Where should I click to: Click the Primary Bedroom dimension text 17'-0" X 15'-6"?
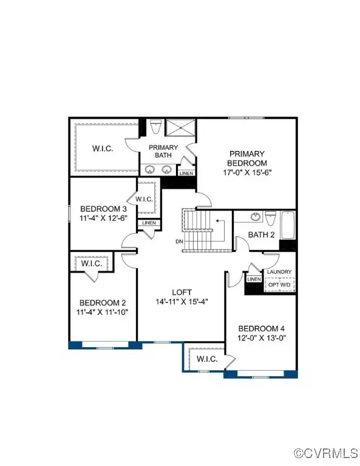point(247,172)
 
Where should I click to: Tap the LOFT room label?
point(182,292)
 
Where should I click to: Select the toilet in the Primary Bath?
point(155,127)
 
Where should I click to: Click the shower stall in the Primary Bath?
point(180,128)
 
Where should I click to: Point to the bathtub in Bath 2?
point(288,225)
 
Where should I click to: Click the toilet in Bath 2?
point(271,218)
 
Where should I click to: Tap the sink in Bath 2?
point(256,217)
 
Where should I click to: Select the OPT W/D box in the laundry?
point(279,285)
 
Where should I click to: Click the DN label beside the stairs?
point(179,241)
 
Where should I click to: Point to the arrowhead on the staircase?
point(217,221)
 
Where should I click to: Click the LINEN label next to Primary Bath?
point(186,174)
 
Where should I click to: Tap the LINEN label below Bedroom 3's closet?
point(149,223)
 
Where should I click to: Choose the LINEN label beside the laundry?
point(254,279)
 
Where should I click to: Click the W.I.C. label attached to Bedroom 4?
point(207,359)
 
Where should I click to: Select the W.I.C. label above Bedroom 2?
point(92,263)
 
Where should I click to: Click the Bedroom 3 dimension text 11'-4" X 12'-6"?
point(103,218)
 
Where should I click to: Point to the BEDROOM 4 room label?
point(261,328)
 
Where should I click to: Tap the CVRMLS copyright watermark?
point(326,453)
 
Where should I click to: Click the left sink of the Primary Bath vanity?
point(149,170)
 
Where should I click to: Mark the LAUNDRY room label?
point(279,272)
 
